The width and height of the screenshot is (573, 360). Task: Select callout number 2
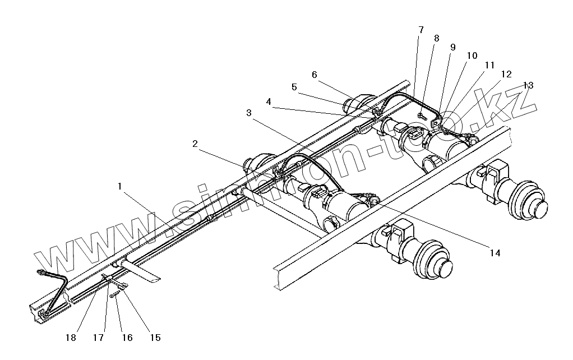[195, 144]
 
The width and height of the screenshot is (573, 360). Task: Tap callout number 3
[248, 113]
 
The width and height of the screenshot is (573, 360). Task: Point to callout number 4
[269, 102]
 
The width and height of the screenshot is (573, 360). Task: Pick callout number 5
[294, 87]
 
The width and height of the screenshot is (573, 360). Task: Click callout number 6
[314, 75]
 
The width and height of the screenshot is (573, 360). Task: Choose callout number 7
[421, 30]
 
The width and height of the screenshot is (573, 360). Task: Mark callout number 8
[437, 38]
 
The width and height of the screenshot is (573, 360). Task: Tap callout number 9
[453, 48]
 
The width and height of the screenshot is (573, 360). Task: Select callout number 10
[472, 56]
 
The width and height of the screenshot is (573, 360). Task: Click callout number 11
[491, 65]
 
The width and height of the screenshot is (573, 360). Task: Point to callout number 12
[506, 74]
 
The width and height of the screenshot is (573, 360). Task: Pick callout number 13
[528, 85]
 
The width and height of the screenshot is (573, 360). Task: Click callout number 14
[494, 253]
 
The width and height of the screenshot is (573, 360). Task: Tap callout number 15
[155, 338]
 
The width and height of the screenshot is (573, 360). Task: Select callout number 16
[127, 338]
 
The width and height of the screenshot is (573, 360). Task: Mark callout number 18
[71, 338]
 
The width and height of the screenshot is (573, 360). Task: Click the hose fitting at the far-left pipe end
[40, 273]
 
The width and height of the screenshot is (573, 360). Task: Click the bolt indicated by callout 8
[420, 116]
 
